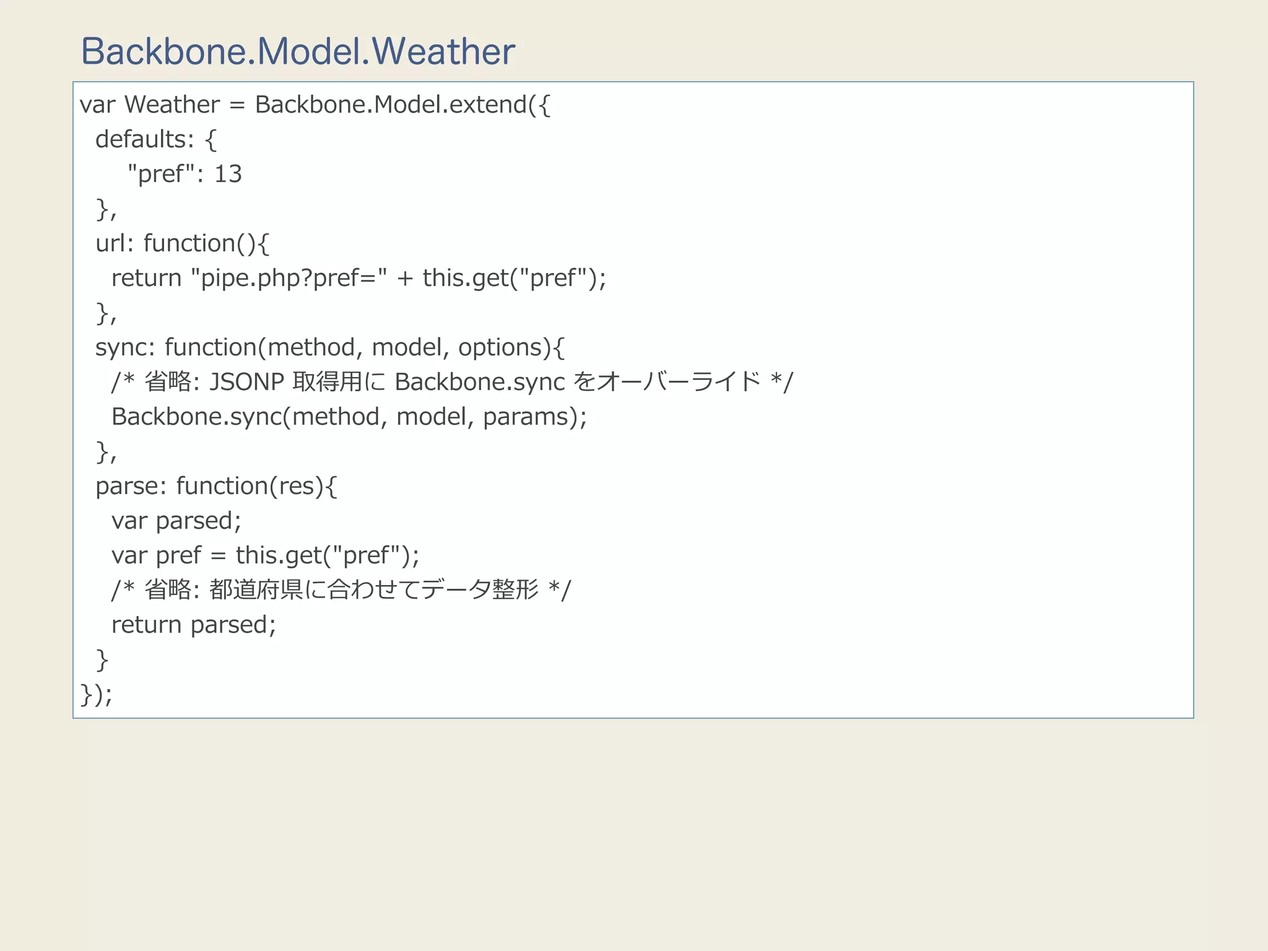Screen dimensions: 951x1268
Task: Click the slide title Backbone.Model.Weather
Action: (x=298, y=51)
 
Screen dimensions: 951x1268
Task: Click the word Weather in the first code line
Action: (x=172, y=105)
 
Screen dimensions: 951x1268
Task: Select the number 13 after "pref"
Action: (x=228, y=174)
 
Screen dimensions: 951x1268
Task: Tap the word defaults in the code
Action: (x=141, y=139)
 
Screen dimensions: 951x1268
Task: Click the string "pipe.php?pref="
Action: (x=289, y=278)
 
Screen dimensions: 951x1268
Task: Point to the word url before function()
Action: (x=111, y=243)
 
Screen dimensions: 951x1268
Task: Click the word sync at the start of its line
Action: (x=121, y=347)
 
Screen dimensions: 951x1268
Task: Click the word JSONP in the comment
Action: (x=247, y=382)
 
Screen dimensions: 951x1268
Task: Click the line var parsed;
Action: (x=176, y=521)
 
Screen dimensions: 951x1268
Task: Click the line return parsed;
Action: (x=193, y=625)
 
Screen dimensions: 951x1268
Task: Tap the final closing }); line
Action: (x=96, y=694)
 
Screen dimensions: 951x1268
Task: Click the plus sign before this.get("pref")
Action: (x=405, y=278)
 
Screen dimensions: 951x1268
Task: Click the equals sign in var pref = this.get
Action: (x=218, y=555)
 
